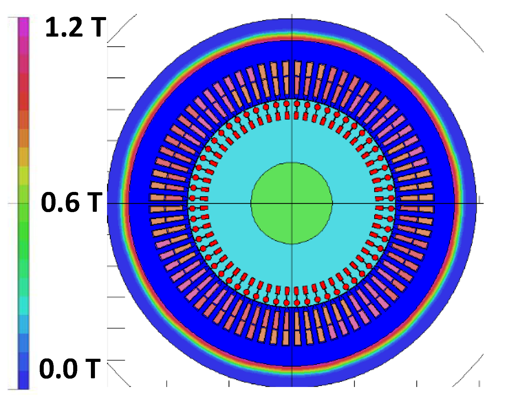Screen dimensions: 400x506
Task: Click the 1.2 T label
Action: coord(75,27)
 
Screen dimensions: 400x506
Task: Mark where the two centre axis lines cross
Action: coord(292,203)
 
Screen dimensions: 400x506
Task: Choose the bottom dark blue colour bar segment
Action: coord(23,380)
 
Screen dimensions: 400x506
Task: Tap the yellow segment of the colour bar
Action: coord(23,175)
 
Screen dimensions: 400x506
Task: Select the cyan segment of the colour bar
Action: coord(23,305)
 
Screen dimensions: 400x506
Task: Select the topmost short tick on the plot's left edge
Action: coord(116,47)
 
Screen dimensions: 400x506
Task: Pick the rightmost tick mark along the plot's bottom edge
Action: coord(479,384)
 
